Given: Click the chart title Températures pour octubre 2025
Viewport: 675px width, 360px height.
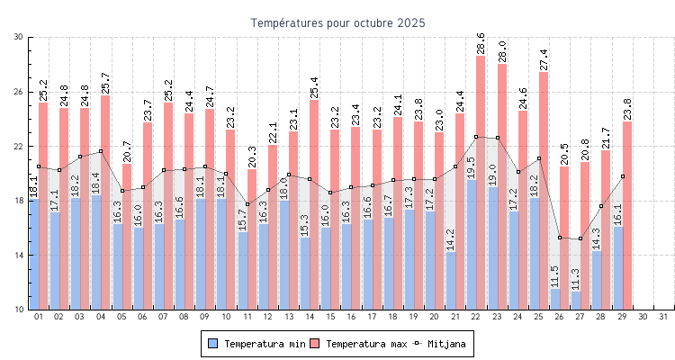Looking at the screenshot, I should click(x=337, y=22).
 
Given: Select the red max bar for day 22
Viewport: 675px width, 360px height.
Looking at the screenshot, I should click(x=481, y=117).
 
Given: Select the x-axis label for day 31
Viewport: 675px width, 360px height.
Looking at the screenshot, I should click(x=663, y=317).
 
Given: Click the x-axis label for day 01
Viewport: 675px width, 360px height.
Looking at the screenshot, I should click(x=39, y=317).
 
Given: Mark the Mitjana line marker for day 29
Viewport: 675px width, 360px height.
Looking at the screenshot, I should click(x=622, y=176).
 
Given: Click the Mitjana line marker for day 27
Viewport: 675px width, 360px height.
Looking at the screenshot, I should click(x=580, y=238).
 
